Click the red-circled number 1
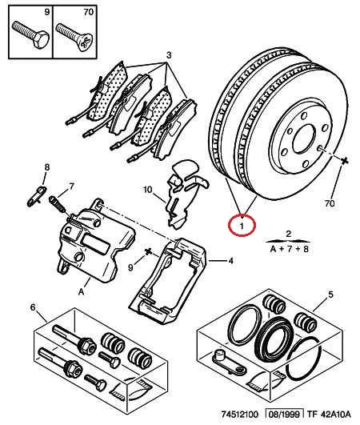242,226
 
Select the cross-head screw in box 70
74,37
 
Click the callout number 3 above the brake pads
169,55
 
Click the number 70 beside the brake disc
330,203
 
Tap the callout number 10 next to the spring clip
148,190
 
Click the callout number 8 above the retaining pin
47,167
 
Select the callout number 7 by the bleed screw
71,186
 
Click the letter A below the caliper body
82,291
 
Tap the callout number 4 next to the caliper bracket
230,261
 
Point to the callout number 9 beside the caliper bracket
130,268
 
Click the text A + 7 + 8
290,249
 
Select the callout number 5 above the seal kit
330,295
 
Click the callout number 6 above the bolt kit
33,307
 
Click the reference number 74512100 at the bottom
240,415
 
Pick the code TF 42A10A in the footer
329,415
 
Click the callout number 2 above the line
289,234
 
